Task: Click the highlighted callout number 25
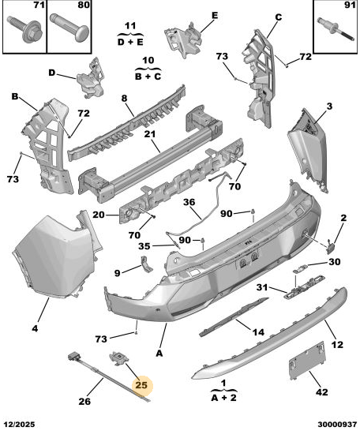pyautogui.click(x=141, y=385)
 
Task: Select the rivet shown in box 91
pyautogui.click(x=336, y=29)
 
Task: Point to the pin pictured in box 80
pyautogui.click(x=69, y=27)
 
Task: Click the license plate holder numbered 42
pyautogui.click(x=307, y=360)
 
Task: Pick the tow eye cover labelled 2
pyautogui.click(x=330, y=247)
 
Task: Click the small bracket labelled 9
pyautogui.click(x=146, y=264)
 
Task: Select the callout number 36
pyautogui.click(x=189, y=202)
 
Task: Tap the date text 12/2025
pyautogui.click(x=19, y=425)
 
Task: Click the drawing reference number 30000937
pyautogui.click(x=337, y=425)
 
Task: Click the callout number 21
pyautogui.click(x=150, y=134)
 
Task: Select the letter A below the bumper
pyautogui.click(x=159, y=354)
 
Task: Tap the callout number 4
pyautogui.click(x=35, y=328)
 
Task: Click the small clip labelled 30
pyautogui.click(x=300, y=269)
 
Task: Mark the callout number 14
pyautogui.click(x=258, y=332)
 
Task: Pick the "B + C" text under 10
pyautogui.click(x=148, y=77)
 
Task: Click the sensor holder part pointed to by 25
pyautogui.click(x=118, y=358)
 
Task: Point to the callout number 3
pyautogui.click(x=330, y=107)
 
